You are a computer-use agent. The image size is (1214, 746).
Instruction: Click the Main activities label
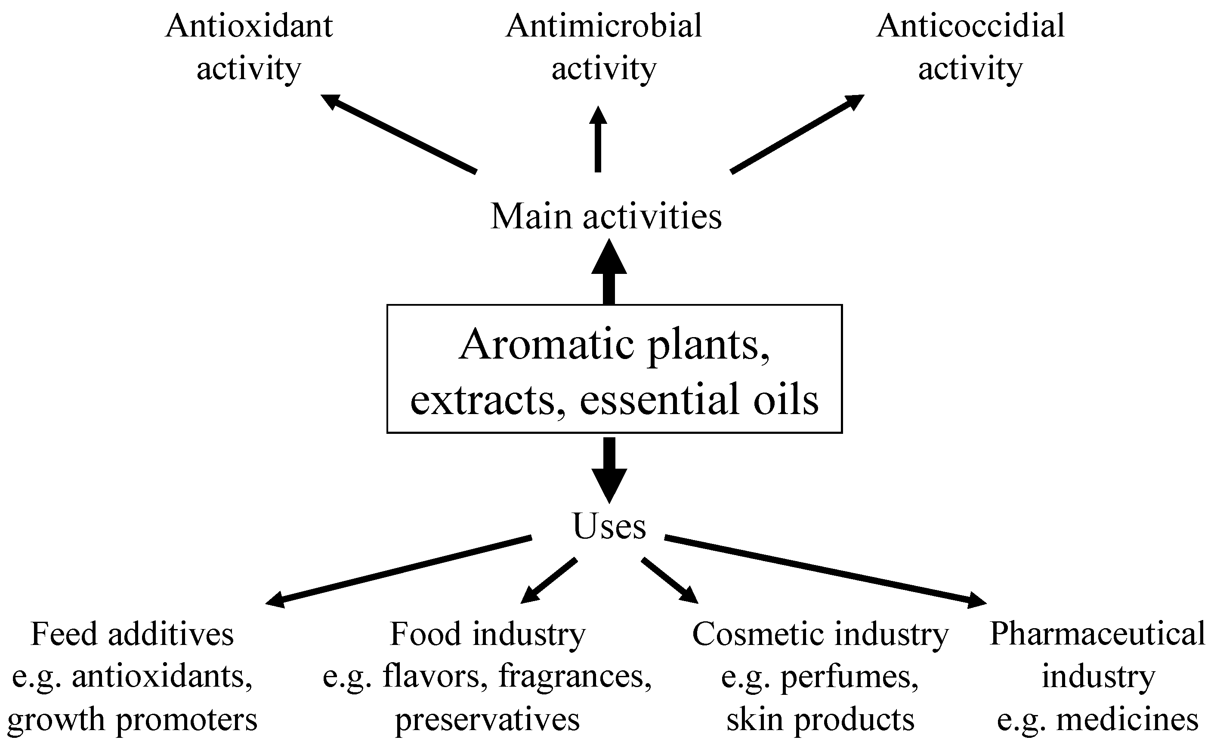click(606, 217)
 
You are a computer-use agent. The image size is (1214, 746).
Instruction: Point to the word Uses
click(609, 526)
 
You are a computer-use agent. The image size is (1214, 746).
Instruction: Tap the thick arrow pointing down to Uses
click(609, 469)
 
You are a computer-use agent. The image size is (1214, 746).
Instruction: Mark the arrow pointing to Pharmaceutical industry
click(825, 570)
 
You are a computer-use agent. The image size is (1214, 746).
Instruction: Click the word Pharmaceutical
click(1097, 634)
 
